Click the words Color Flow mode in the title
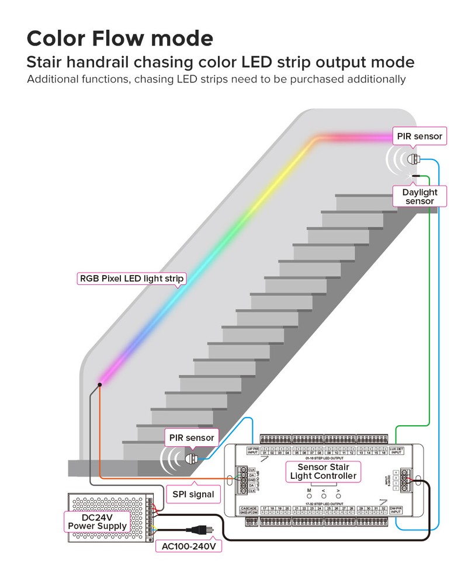120,38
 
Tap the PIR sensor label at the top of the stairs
420,136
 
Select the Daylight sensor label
420,196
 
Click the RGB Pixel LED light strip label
132,279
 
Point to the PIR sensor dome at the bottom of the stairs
190,458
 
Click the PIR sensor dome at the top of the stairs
414,159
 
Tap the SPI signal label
193,494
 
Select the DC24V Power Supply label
97,521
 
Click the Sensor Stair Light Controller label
323,471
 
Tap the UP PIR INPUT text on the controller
252,450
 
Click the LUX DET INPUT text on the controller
396,450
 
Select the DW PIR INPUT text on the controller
396,510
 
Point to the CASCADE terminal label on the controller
249,508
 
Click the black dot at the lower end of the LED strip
100,384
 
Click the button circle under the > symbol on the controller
338,496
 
